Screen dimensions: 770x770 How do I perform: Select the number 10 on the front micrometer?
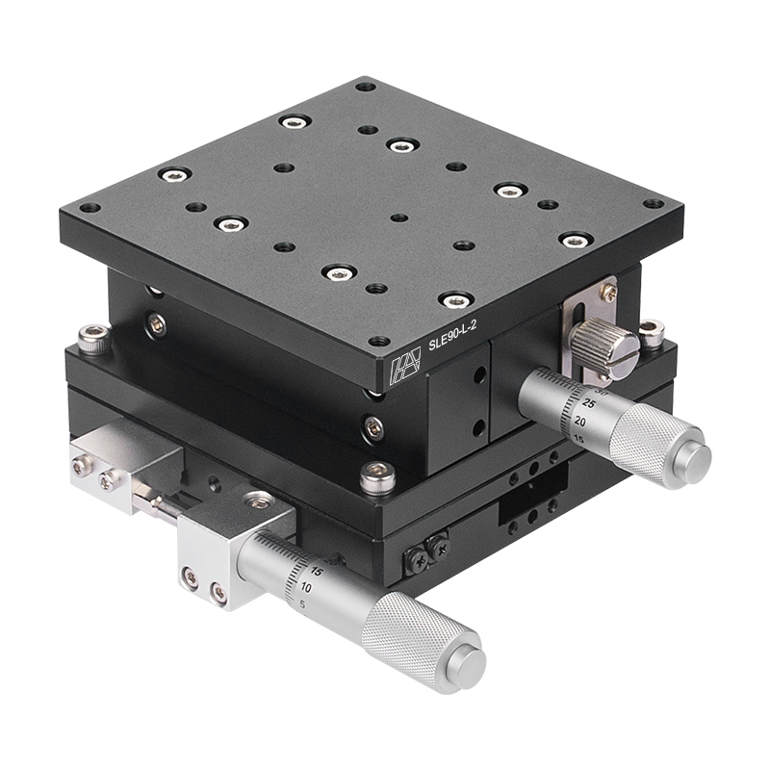pyautogui.click(x=306, y=586)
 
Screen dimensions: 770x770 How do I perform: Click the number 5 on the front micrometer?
pyautogui.click(x=304, y=604)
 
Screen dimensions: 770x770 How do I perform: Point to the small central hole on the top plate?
pyautogui.click(x=397, y=218)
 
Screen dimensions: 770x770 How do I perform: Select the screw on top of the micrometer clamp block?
pyautogui.click(x=258, y=500)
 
